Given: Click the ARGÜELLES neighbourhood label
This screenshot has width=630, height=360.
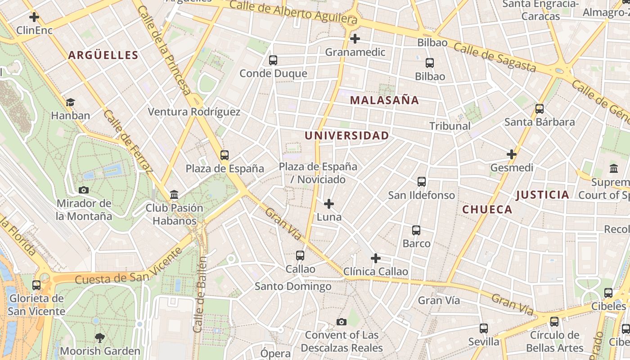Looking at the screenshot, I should pos(103,55).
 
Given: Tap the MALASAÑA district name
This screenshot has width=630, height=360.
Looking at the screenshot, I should pos(384,100).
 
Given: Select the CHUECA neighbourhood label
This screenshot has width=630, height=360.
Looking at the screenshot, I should pos(487,209).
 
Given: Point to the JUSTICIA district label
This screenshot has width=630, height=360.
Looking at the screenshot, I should pos(543,195).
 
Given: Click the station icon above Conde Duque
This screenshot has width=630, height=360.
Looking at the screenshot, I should pos(273,60).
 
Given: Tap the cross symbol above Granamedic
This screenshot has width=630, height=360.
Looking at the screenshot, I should pos(355,39).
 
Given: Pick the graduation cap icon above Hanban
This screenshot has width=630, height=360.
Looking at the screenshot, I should pos(70,103).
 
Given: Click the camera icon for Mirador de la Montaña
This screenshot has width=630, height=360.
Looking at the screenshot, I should pos(84,190).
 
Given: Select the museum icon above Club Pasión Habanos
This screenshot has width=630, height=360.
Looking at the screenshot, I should pos(174,195).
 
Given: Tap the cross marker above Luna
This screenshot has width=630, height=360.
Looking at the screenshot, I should pos(329,204).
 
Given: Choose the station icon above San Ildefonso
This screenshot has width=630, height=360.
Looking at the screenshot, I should pos(422,182).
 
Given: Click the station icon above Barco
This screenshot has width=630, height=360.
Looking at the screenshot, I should pos(416,230).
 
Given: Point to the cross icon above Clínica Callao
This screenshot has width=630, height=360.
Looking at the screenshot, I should pos(375,258).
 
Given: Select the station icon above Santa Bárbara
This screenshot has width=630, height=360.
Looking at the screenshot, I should pos(540,109).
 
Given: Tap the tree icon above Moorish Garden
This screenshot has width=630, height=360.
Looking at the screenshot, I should pos(100,337).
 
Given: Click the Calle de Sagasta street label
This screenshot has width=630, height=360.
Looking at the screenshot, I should pos(495,57).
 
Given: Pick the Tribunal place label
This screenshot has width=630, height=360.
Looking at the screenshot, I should pos(450,126).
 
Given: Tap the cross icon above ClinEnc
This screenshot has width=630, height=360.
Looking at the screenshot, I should pos(34,18).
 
